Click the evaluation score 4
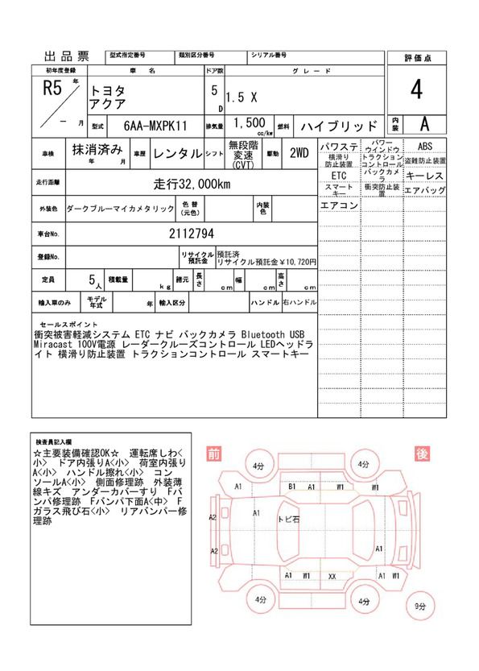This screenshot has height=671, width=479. (415, 91)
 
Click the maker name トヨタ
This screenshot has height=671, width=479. (105, 85)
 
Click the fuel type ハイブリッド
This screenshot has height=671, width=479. (338, 126)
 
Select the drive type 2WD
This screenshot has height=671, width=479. (299, 152)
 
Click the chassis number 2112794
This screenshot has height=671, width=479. (192, 234)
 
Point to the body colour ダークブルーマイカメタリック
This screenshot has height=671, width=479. (120, 209)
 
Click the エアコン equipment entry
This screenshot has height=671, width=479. (339, 205)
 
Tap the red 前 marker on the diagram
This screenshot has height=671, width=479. (213, 454)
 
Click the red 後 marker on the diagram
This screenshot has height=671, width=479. (420, 454)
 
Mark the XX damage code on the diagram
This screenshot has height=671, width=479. (332, 576)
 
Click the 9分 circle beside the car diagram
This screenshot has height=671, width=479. (420, 607)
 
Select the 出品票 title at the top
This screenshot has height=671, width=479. (66, 56)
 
